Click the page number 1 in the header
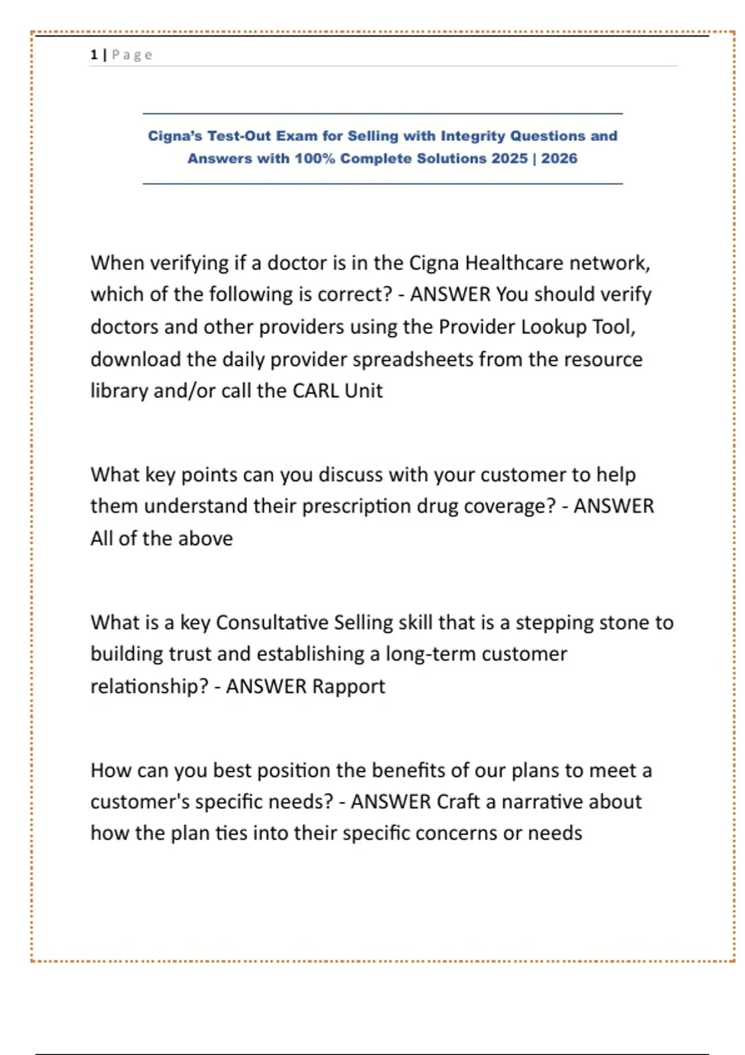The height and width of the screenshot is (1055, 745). click(94, 55)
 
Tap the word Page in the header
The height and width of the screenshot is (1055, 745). click(132, 55)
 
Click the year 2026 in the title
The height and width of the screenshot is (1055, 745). click(559, 158)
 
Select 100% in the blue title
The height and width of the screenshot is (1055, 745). click(314, 158)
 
